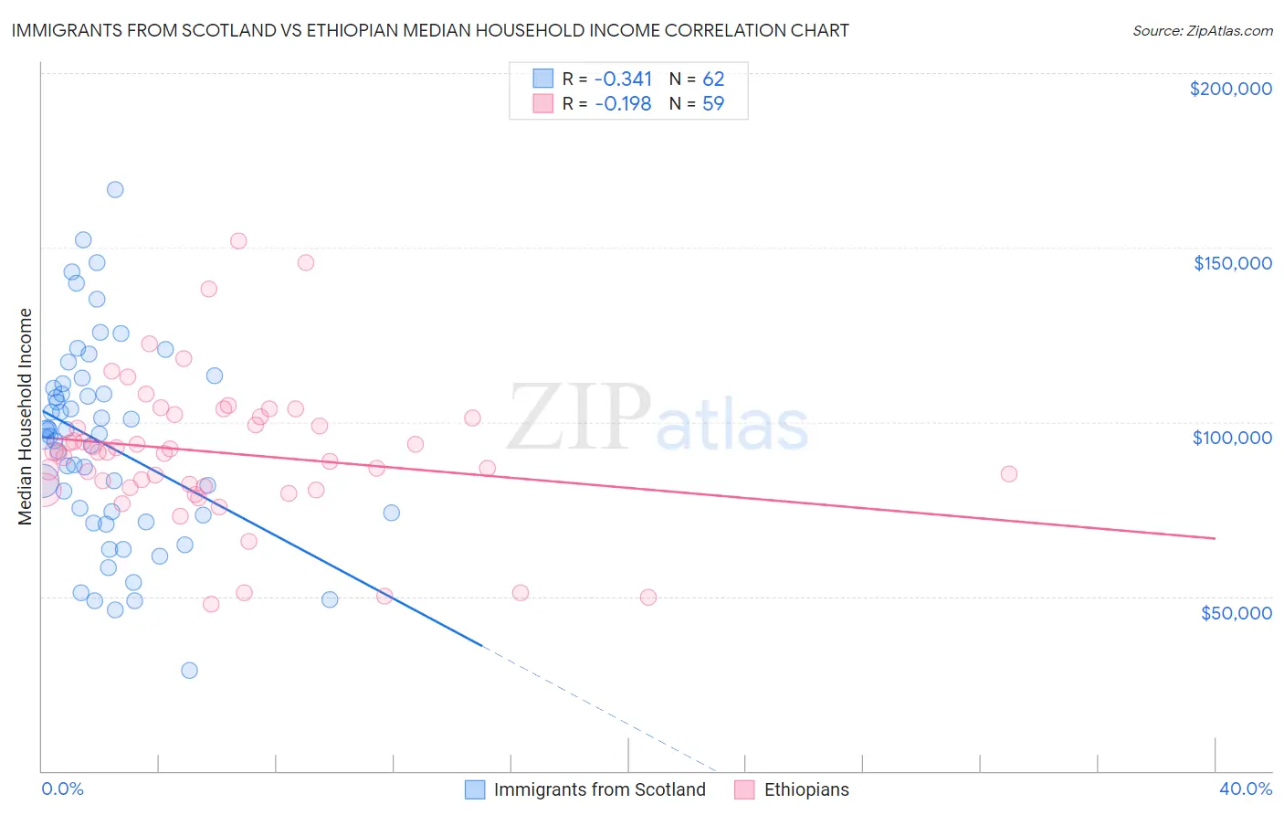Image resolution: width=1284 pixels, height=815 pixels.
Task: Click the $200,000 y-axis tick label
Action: (1230, 89)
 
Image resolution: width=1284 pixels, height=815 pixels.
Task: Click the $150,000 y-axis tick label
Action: (1232, 263)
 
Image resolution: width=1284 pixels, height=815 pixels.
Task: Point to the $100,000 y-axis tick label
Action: (1232, 438)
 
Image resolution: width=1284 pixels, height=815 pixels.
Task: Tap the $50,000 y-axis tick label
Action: (1236, 612)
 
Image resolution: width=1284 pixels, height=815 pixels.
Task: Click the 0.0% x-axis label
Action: (62, 789)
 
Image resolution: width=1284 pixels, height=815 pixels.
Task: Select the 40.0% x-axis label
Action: (1245, 789)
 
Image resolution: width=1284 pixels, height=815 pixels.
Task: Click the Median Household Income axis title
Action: (25, 417)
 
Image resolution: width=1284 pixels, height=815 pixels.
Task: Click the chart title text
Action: (430, 30)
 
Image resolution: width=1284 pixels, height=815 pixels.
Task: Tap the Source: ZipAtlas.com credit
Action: (1202, 30)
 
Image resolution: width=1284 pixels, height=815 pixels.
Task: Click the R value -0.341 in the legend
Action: (623, 79)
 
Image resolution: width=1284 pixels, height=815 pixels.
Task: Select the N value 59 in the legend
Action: (713, 103)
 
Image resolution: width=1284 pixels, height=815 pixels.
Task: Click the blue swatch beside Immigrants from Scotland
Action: (475, 789)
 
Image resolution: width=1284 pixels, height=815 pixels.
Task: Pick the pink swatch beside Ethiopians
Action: (744, 789)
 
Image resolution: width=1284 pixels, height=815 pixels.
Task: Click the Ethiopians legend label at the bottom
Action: (805, 789)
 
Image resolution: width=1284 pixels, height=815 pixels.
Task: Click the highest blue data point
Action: (115, 190)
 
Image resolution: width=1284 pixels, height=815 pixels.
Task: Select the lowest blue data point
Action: (189, 671)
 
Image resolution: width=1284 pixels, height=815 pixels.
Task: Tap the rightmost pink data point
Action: (1008, 474)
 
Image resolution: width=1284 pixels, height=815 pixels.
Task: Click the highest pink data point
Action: (238, 241)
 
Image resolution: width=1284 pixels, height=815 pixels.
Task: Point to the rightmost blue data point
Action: (391, 513)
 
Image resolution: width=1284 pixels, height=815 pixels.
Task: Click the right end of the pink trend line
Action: (1215, 539)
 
